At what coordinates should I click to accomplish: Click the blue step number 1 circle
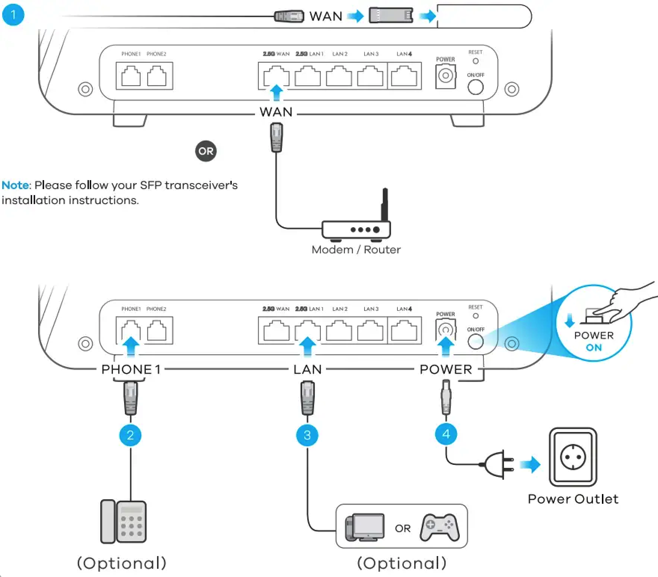coord(13,15)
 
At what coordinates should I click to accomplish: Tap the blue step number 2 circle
coord(130,435)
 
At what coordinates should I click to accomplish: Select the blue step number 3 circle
coord(307,435)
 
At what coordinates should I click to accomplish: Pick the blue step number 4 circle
coord(446,434)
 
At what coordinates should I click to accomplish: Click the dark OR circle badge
coord(206,151)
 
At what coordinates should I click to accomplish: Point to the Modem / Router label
coord(356,250)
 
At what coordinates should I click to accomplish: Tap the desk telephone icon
coord(123,521)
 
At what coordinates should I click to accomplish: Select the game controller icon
coord(440,527)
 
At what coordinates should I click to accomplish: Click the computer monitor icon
coord(365,527)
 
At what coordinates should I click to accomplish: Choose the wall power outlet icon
coord(573,457)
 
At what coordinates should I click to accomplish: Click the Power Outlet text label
coord(573,499)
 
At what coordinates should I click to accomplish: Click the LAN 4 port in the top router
coord(404,76)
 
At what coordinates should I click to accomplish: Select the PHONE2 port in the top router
coord(157,76)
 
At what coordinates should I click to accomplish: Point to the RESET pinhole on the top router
coord(476,61)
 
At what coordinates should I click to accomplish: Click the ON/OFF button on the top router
coord(476,87)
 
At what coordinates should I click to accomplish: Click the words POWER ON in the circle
coord(594,341)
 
